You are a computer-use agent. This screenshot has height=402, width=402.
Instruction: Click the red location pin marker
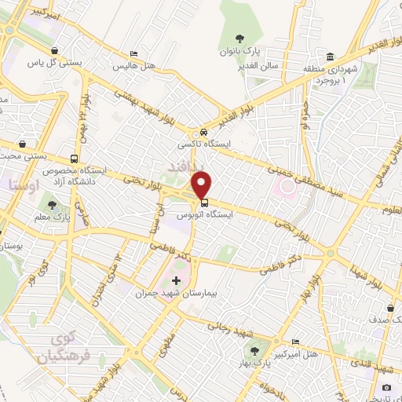click(x=202, y=185)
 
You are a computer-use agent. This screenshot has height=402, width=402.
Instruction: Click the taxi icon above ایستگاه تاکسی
click(x=204, y=132)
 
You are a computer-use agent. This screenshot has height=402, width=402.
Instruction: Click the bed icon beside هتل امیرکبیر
click(x=295, y=342)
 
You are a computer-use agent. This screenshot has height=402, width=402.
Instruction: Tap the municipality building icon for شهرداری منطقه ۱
click(x=331, y=57)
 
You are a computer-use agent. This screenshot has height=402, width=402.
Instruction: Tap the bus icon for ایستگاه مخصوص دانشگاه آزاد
click(x=74, y=158)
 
